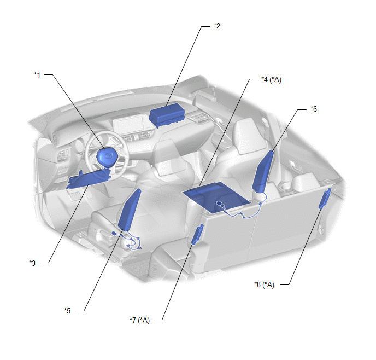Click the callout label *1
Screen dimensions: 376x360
(37, 75)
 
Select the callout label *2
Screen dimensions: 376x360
(217, 26)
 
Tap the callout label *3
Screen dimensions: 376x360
(32, 263)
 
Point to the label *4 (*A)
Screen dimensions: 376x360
(271, 79)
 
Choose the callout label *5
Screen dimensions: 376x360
(67, 311)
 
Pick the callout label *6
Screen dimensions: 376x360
(314, 109)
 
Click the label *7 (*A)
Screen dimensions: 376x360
(139, 320)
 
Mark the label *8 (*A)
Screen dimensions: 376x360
(265, 284)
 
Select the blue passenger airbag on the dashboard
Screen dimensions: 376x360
(167, 115)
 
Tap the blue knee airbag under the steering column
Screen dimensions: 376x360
(88, 179)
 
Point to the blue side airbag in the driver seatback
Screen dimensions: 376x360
(130, 210)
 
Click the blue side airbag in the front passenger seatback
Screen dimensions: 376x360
(263, 171)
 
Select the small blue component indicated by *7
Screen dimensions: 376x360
(197, 235)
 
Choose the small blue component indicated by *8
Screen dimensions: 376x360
(325, 199)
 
